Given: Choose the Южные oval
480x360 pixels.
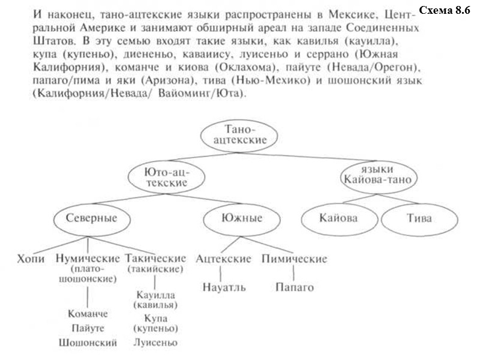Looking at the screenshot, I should [x=242, y=218].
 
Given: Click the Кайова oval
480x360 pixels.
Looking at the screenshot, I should [x=338, y=218].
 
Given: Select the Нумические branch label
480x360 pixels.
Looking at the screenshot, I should [x=88, y=259].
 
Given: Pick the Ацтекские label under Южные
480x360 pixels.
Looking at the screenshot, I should [x=223, y=259].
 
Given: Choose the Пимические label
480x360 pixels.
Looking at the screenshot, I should [x=295, y=259].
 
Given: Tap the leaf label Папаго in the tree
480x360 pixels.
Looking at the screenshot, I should [x=295, y=287].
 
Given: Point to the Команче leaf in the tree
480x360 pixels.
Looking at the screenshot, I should [x=88, y=314].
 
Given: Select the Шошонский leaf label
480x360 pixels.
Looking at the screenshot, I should [x=88, y=343].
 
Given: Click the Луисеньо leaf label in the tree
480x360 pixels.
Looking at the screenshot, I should [x=155, y=343].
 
